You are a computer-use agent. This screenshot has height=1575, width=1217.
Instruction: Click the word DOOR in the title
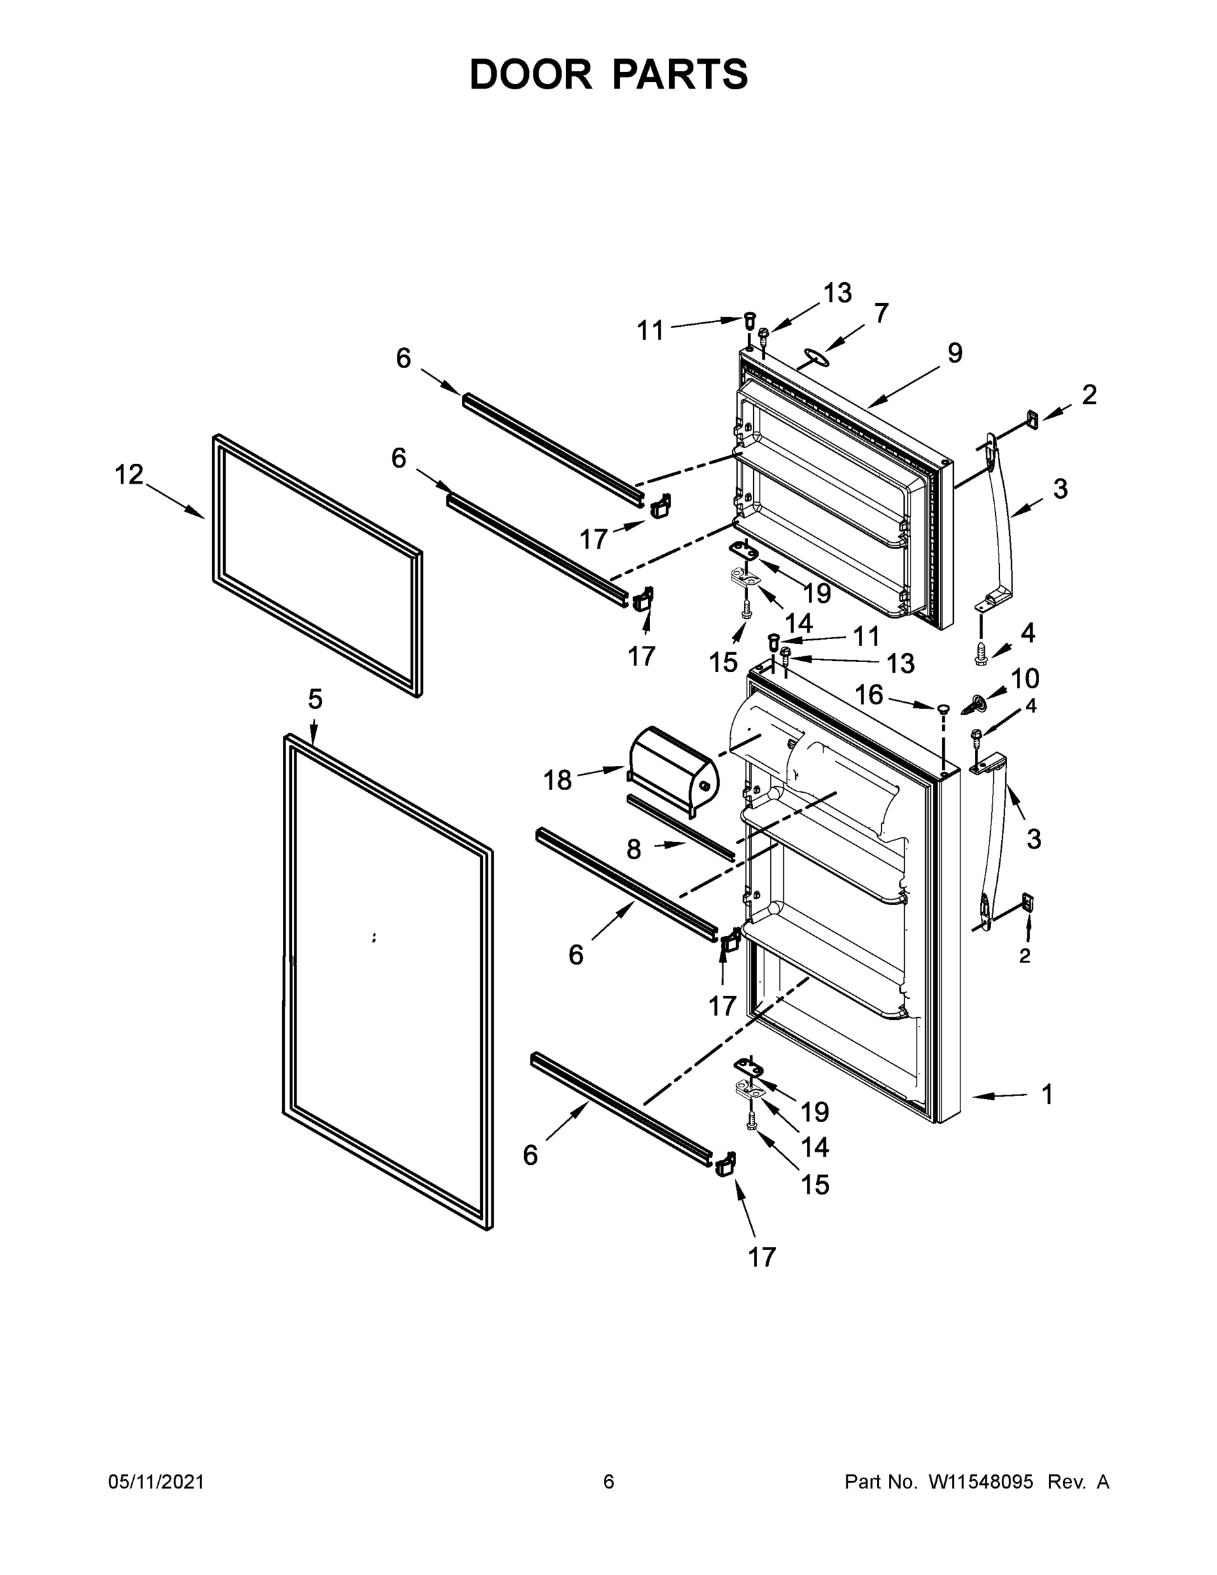(530, 74)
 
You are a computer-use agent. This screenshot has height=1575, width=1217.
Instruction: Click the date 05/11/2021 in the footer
(155, 1482)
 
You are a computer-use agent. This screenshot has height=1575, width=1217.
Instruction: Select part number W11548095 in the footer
(981, 1482)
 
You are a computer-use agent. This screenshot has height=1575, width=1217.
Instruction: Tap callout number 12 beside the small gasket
(129, 474)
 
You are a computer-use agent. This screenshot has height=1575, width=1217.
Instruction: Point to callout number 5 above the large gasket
(315, 699)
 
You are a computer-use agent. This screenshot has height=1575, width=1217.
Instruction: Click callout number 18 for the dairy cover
(557, 780)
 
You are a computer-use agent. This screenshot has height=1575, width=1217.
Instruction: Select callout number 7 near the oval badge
(881, 313)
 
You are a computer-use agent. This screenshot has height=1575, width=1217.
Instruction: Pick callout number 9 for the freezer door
(954, 352)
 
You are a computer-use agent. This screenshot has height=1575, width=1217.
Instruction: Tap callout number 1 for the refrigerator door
(1048, 1094)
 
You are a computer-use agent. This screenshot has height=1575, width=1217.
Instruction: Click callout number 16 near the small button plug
(869, 694)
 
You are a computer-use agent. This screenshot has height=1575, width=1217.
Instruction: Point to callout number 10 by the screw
(1025, 679)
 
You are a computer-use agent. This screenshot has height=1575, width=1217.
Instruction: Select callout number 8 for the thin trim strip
(634, 850)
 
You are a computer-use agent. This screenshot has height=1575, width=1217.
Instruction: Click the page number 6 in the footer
(609, 1482)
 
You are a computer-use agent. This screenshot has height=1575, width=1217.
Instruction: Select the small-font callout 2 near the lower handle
(1025, 956)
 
